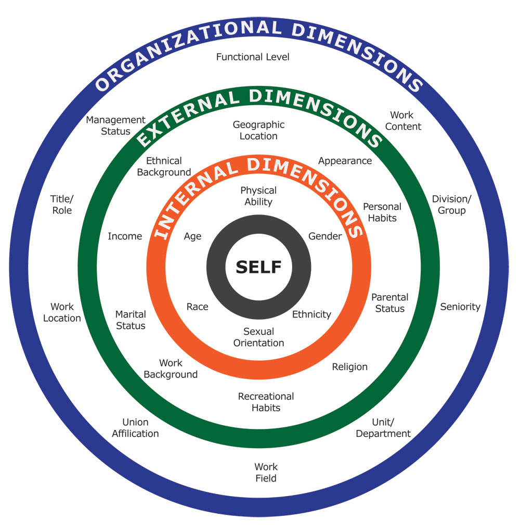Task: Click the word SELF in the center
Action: click(258, 267)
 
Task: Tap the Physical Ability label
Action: click(258, 196)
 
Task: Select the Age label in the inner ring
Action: click(192, 236)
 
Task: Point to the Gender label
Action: click(325, 236)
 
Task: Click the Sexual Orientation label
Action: click(258, 337)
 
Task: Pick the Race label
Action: click(197, 307)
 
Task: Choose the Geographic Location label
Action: click(258, 130)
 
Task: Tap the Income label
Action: click(125, 236)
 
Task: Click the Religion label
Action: click(349, 367)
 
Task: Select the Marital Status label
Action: click(131, 320)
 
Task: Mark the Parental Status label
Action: click(389, 302)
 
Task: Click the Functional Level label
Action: click(253, 57)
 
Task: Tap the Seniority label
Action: click(460, 307)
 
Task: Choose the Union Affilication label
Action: click(135, 427)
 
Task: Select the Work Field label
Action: click(266, 472)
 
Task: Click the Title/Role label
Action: click(61, 204)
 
